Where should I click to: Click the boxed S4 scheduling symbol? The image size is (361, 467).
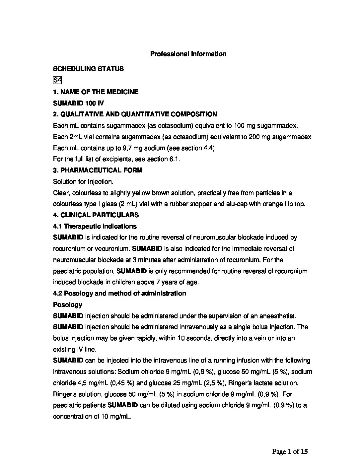[57, 80]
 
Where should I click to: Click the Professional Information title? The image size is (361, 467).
[188, 54]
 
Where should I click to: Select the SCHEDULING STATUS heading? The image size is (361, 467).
[88, 69]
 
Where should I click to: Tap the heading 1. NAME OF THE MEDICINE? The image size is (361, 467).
[96, 92]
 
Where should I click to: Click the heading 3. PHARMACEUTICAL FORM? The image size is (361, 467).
[98, 170]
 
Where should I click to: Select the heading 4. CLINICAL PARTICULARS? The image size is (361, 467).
[96, 215]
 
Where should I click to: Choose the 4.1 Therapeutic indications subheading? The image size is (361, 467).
[95, 226]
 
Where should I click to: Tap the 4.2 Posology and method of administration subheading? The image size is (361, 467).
[119, 293]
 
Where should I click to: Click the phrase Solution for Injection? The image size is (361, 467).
[83, 182]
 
